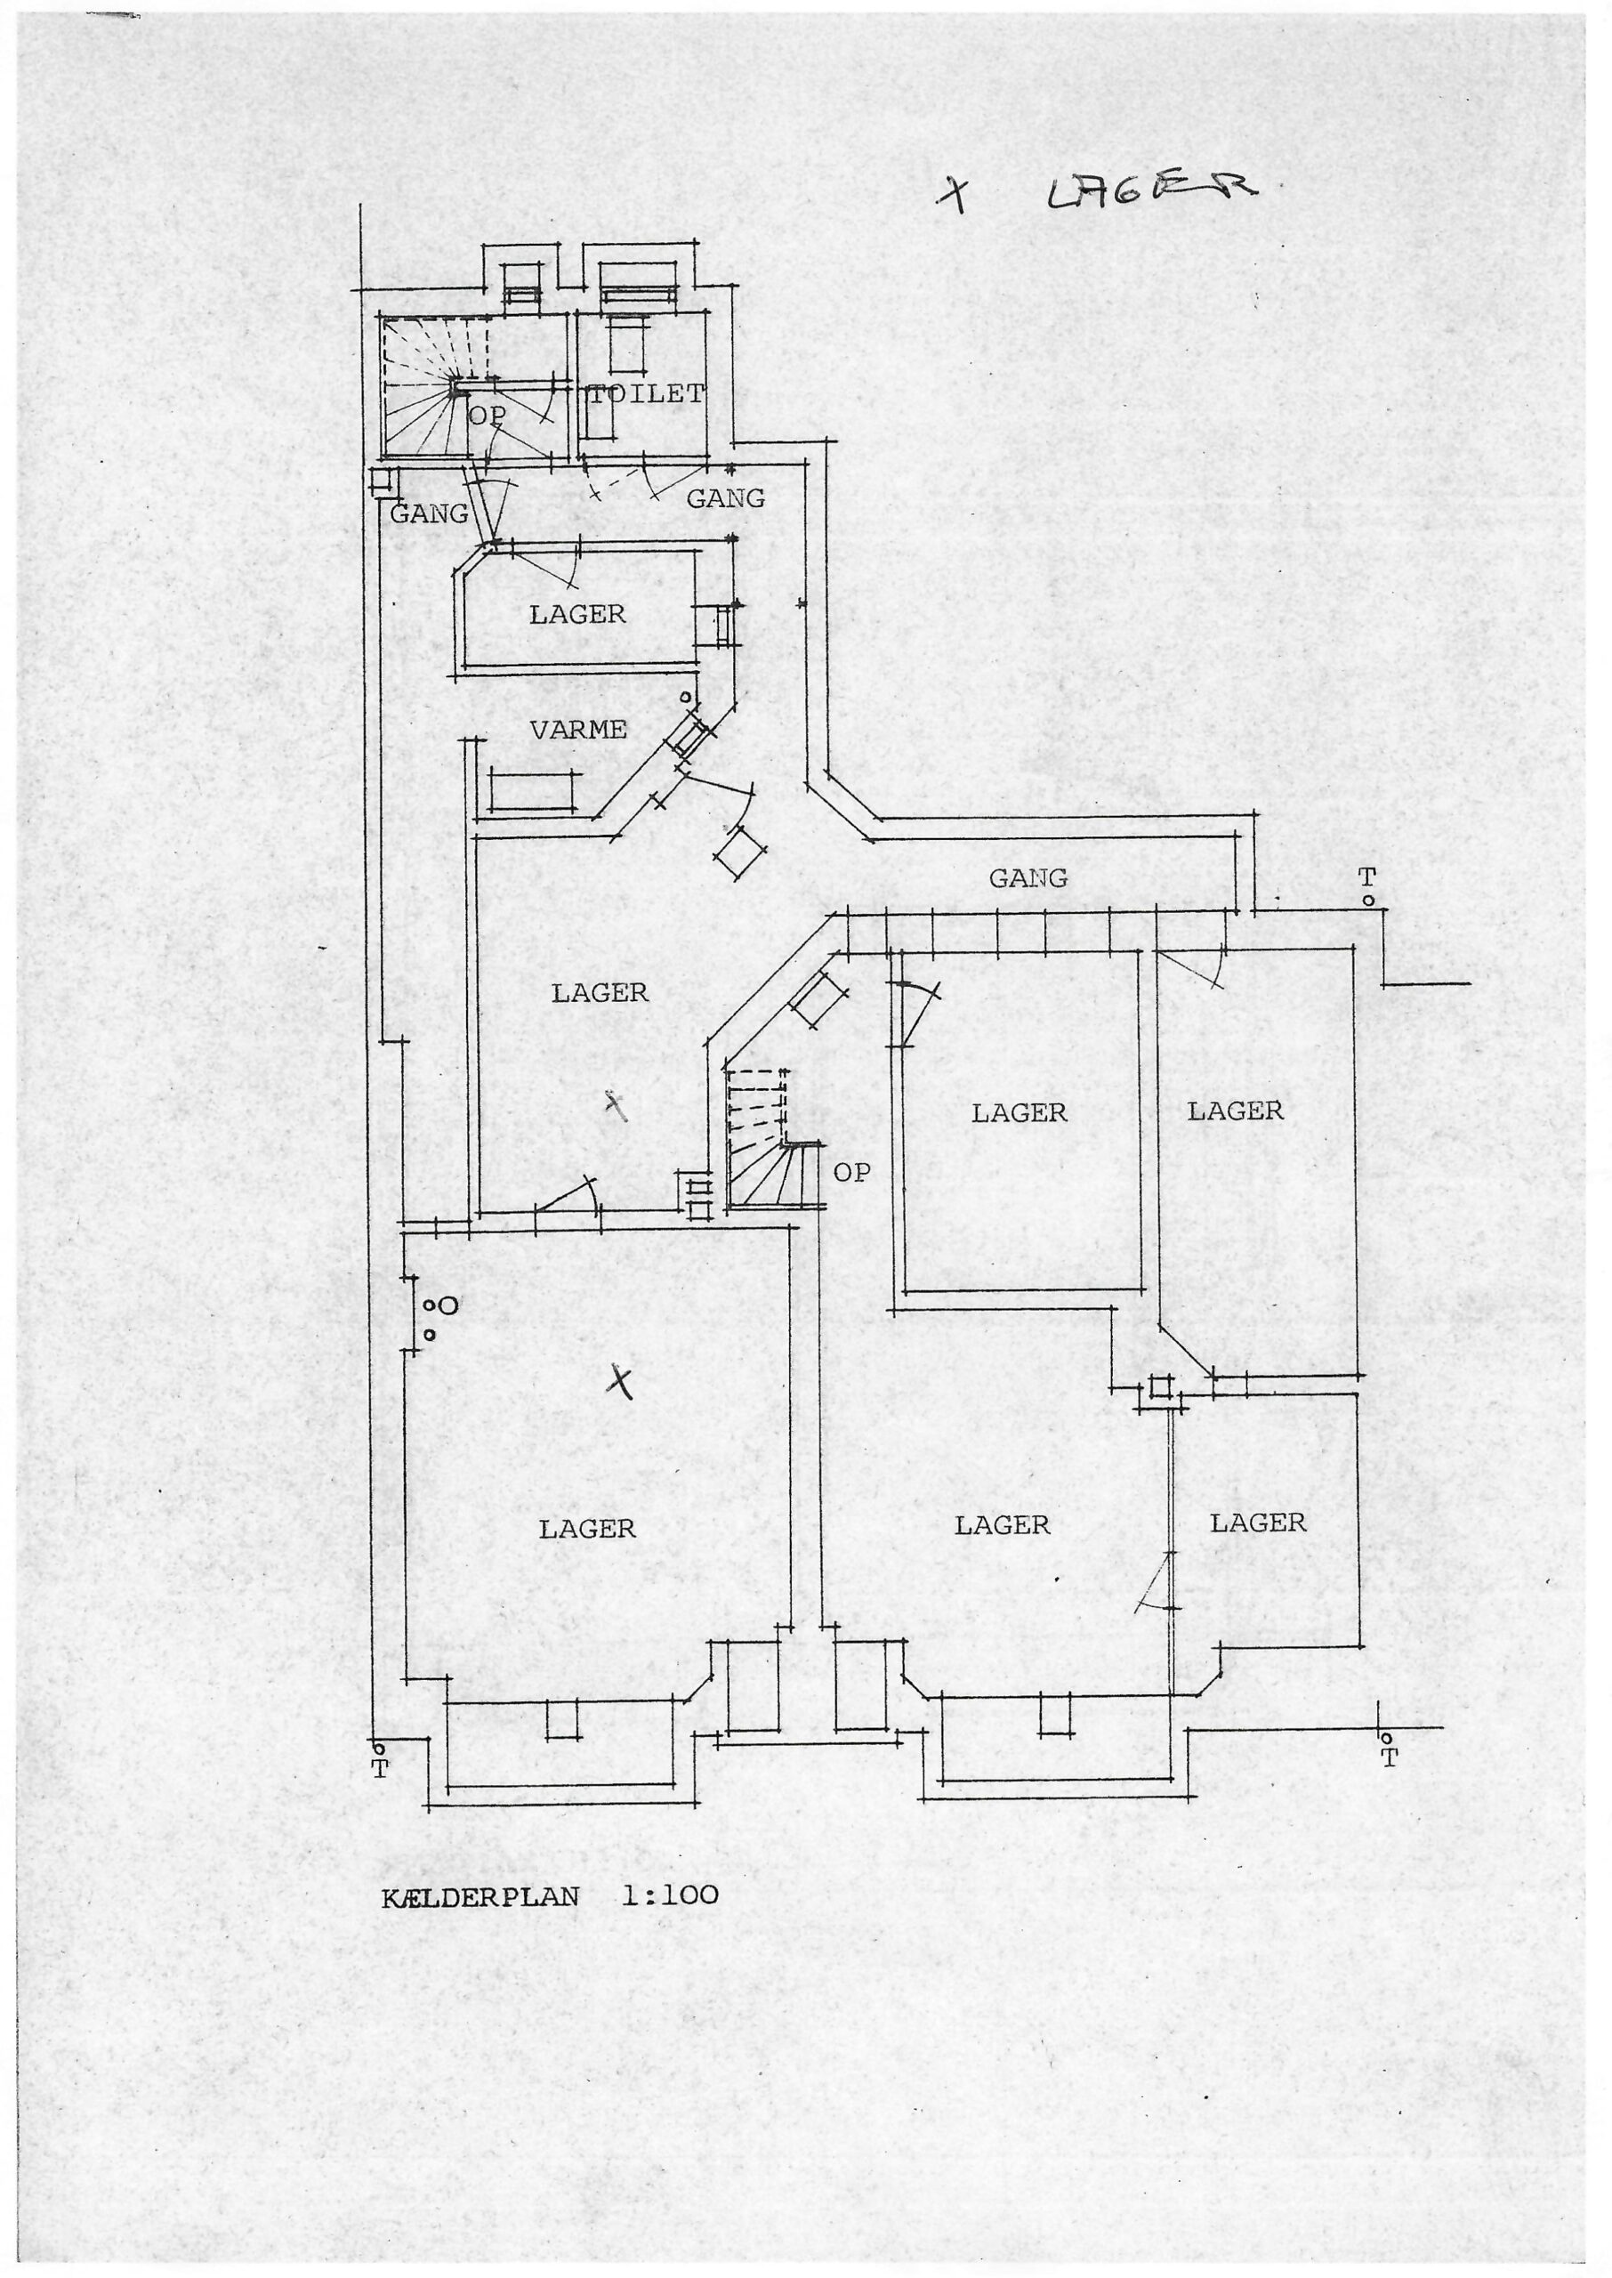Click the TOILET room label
click(x=647, y=394)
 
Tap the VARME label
click(x=578, y=730)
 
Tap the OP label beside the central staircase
click(x=851, y=1172)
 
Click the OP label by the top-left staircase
click(x=487, y=416)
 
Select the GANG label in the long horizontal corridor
click(x=1028, y=877)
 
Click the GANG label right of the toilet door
click(x=727, y=498)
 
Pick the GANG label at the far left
click(x=429, y=514)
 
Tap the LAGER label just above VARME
click(x=577, y=614)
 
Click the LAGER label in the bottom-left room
click(x=588, y=1530)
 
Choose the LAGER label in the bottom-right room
click(x=1259, y=1523)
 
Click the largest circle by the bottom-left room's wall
click(x=448, y=1306)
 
